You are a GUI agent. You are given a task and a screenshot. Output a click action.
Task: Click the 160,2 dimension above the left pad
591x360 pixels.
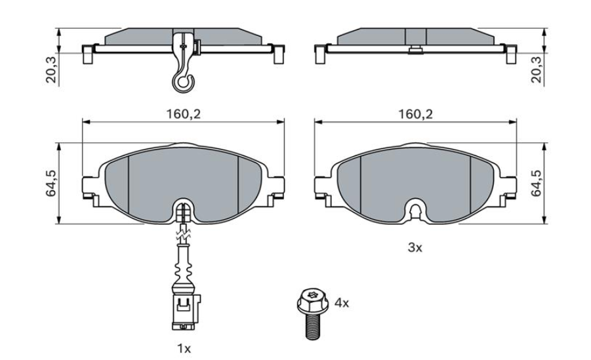184,114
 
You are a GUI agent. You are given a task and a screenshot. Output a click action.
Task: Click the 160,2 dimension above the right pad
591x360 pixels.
416,114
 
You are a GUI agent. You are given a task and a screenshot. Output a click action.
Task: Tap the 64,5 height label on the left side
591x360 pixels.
51,183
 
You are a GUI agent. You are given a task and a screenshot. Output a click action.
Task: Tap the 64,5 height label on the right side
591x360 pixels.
536,183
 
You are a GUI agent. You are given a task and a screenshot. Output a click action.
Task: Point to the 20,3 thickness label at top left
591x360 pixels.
51,68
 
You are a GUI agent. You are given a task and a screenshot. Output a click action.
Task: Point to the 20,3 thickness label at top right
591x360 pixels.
536,68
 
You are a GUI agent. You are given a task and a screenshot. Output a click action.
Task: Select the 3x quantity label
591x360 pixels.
415,248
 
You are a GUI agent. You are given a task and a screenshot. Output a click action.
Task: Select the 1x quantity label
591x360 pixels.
184,349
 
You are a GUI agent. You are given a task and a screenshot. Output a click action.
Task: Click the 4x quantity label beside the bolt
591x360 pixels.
342,303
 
